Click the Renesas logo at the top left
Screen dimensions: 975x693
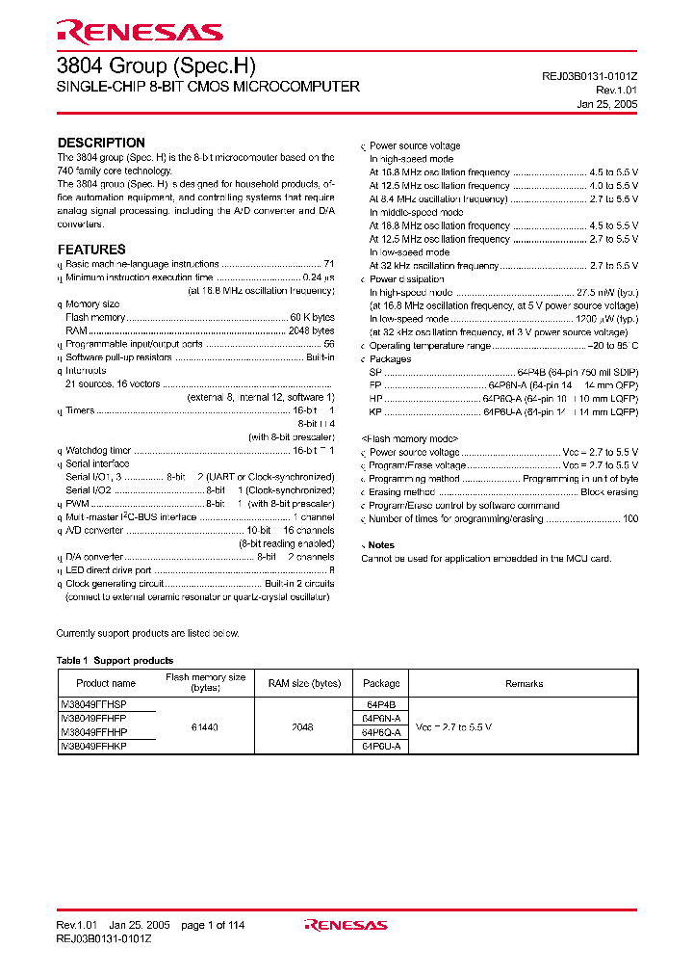(x=140, y=33)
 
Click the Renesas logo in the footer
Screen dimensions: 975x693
(x=346, y=925)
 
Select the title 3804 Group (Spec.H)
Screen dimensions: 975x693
(x=157, y=65)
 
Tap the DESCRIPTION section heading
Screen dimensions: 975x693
(x=101, y=143)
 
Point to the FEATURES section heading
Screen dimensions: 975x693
(x=91, y=250)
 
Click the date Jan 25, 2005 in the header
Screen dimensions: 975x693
(x=607, y=103)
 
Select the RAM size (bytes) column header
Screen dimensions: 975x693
(x=304, y=683)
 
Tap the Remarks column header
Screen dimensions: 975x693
(x=524, y=683)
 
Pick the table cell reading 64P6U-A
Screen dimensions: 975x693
(x=381, y=746)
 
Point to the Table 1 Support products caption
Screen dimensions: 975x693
(x=115, y=660)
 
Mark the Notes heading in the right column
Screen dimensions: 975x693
(x=381, y=545)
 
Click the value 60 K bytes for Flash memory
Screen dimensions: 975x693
(x=312, y=317)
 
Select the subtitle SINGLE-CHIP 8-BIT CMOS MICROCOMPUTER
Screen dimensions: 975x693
(x=209, y=87)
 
